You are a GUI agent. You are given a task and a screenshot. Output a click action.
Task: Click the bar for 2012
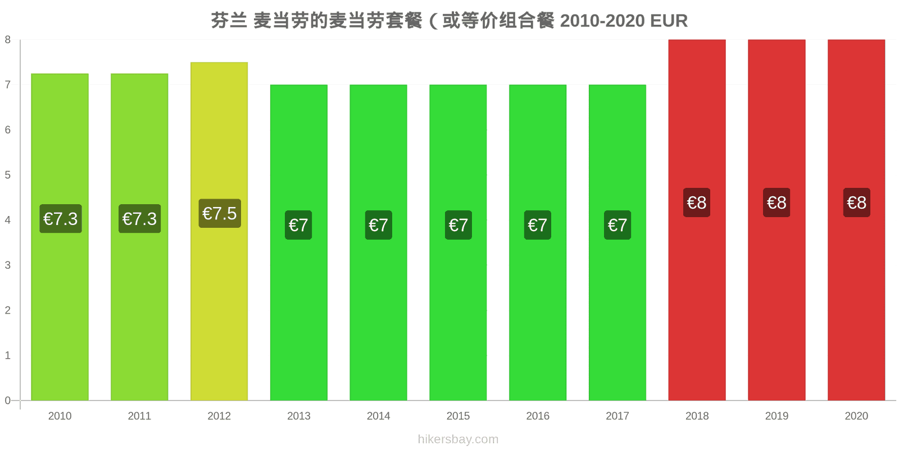pyautogui.click(x=219, y=231)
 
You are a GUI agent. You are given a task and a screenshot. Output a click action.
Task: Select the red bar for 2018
pyautogui.click(x=697, y=220)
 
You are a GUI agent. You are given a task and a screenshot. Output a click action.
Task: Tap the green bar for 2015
pyautogui.click(x=458, y=242)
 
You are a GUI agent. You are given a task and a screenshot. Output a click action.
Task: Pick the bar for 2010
pyautogui.click(x=60, y=237)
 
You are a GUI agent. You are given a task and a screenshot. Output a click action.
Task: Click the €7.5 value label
pyautogui.click(x=220, y=213)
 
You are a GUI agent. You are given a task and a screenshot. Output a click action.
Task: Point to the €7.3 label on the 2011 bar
pyautogui.click(x=140, y=219)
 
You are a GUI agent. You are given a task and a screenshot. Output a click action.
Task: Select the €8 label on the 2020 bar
pyautogui.click(x=856, y=202)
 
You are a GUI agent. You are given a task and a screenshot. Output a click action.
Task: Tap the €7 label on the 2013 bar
pyautogui.click(x=298, y=225)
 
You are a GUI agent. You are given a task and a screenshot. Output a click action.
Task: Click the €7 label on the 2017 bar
pyautogui.click(x=618, y=225)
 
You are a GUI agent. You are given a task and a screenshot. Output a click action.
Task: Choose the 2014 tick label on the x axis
pyautogui.click(x=379, y=416)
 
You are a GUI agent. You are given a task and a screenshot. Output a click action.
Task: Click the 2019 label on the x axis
pyautogui.click(x=777, y=416)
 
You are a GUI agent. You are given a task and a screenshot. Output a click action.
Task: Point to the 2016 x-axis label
pyautogui.click(x=538, y=416)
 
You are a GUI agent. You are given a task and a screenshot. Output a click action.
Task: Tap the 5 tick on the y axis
pyautogui.click(x=8, y=175)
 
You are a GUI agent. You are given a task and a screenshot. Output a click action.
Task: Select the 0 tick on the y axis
pyautogui.click(x=8, y=400)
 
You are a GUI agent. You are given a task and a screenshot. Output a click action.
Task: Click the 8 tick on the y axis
pyautogui.click(x=8, y=39)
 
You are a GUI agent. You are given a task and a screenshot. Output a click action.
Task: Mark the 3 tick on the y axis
pyautogui.click(x=8, y=265)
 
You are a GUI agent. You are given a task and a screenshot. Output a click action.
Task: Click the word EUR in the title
pyautogui.click(x=669, y=21)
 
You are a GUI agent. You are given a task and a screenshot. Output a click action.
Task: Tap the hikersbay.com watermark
pyautogui.click(x=458, y=439)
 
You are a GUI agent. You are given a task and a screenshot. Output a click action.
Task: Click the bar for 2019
pyautogui.click(x=777, y=220)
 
